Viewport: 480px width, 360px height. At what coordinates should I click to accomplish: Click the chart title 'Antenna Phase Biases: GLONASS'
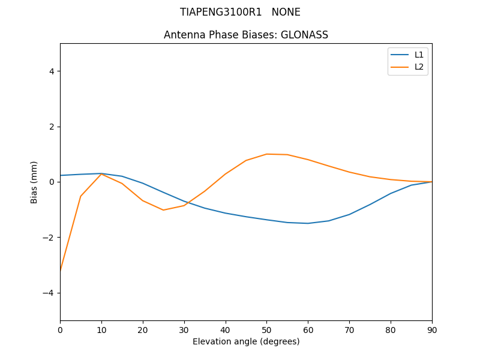tap(246, 35)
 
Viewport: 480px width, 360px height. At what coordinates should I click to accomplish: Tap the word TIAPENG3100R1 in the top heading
tap(221, 12)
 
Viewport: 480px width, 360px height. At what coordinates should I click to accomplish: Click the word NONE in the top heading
tap(286, 12)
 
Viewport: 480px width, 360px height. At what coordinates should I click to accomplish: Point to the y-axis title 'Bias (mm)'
tap(34, 182)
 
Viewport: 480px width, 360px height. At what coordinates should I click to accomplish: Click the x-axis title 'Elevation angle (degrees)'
tap(246, 341)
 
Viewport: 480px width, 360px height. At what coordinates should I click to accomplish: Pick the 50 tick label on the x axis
tap(266, 329)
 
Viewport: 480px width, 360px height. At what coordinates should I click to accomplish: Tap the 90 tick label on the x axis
tap(432, 329)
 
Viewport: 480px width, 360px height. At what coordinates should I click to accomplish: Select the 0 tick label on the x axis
tap(60, 329)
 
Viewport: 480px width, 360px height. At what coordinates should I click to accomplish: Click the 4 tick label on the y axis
tap(52, 71)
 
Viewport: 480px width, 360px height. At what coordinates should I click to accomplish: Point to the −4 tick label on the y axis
tap(49, 293)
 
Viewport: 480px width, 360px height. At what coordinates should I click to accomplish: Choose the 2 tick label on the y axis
tap(52, 127)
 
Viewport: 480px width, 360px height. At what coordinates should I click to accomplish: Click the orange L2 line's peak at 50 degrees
tap(266, 154)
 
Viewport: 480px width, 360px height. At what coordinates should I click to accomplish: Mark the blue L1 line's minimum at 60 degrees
tap(308, 223)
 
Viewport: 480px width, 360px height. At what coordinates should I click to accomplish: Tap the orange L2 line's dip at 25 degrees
tap(163, 210)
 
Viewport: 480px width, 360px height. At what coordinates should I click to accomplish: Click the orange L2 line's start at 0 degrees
tap(61, 271)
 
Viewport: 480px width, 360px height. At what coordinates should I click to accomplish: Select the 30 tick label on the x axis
tap(184, 329)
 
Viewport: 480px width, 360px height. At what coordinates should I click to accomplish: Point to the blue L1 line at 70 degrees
tap(349, 214)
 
